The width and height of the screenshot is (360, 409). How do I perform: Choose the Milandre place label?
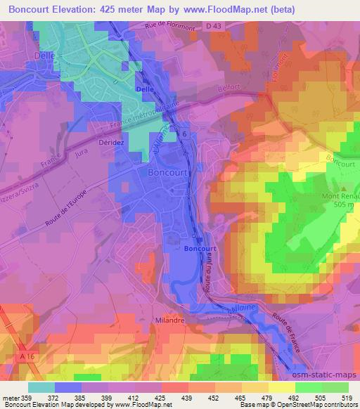pyautogui.click(x=167, y=320)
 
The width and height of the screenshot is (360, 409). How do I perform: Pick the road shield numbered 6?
pyautogui.click(x=184, y=134)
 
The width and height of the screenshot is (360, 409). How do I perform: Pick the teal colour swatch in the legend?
pyautogui.click(x=41, y=387)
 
